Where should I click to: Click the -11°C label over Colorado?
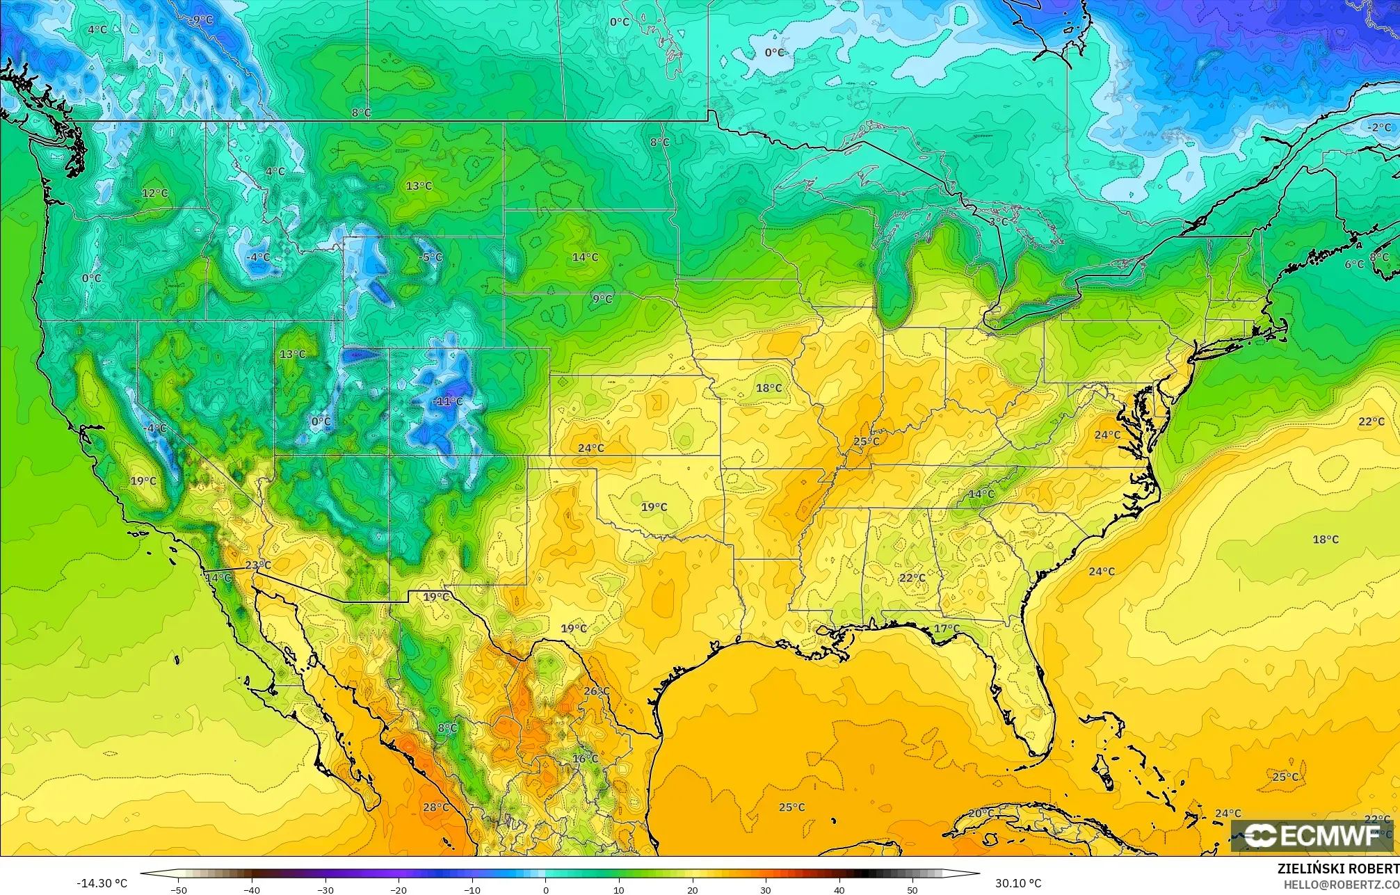(x=447, y=401)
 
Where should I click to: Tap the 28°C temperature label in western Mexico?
(x=436, y=807)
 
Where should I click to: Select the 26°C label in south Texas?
(x=597, y=691)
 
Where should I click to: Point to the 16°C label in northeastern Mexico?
(x=585, y=758)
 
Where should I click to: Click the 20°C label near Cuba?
(x=981, y=813)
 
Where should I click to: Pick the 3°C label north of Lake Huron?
(x=998, y=221)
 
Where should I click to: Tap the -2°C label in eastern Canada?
(x=1379, y=127)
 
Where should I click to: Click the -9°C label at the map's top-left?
(x=202, y=19)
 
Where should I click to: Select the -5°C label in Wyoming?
(x=431, y=257)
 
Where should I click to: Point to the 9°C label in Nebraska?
(x=602, y=299)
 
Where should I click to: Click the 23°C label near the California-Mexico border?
(x=258, y=565)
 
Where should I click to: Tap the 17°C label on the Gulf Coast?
(x=947, y=629)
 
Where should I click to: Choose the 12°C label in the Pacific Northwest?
(x=154, y=193)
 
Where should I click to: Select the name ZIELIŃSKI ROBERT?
(x=1337, y=869)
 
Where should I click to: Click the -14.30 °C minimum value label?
(x=102, y=883)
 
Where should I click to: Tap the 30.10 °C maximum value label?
(x=1017, y=883)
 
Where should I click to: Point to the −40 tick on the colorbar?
(x=252, y=889)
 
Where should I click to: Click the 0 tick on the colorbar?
(x=546, y=889)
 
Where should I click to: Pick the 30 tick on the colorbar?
(x=766, y=889)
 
